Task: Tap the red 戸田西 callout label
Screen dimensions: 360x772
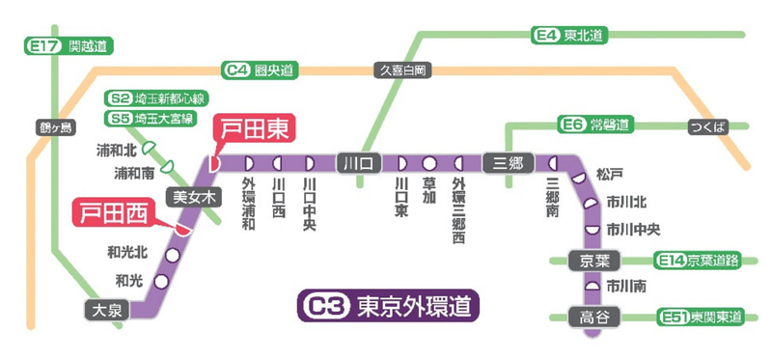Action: click(112, 211)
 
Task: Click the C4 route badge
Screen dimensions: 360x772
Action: click(236, 69)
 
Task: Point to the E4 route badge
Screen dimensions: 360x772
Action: click(546, 36)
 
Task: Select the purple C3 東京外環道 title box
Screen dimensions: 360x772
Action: click(388, 307)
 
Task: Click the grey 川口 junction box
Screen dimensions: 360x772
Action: click(358, 162)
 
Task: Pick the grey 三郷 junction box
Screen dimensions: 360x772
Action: click(508, 162)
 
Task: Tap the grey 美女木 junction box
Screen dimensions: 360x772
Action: click(191, 196)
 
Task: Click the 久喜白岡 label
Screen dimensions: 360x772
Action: click(402, 69)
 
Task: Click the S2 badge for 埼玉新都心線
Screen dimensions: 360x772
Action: click(121, 98)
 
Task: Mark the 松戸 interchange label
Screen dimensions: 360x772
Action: click(610, 175)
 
